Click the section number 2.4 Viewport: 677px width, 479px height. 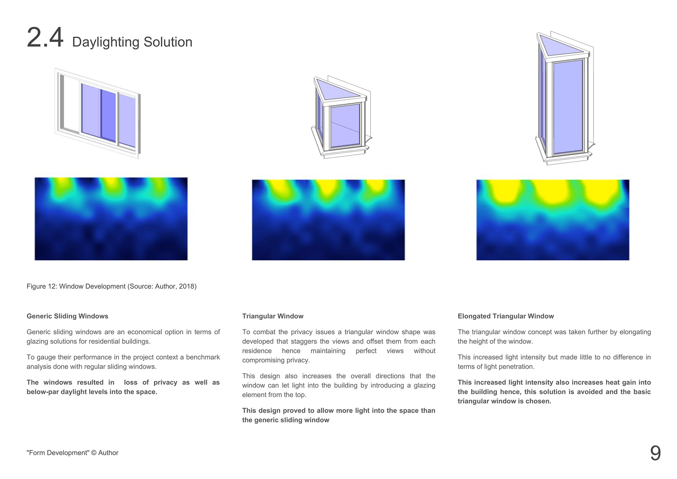pos(45,37)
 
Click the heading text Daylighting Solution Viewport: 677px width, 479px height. pos(132,42)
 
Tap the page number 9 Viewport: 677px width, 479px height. pos(655,453)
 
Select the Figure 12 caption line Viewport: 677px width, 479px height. pos(111,286)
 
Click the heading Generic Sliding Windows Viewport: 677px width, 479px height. pos(67,316)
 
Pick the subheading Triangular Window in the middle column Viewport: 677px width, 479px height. pos(273,316)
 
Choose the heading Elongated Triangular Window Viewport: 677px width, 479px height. pos(506,316)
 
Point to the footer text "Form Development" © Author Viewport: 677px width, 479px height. pos(72,453)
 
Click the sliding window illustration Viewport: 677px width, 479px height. pos(98,113)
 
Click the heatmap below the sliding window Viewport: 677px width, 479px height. pos(111,219)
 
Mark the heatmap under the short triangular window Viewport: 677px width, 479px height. pos(328,220)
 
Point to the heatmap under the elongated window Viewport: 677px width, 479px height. pos(553,220)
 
